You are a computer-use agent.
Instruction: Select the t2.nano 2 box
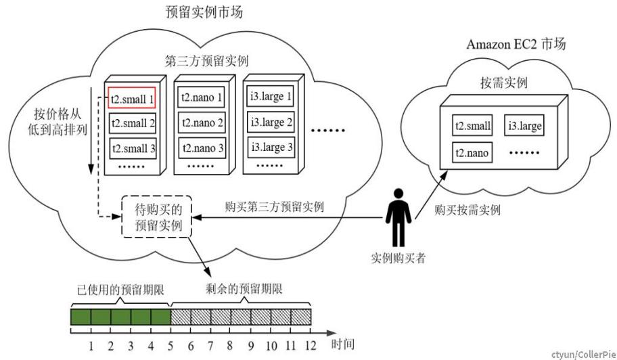(x=202, y=122)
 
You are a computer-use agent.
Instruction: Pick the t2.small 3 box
(x=133, y=146)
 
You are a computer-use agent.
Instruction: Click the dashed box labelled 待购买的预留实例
(x=156, y=216)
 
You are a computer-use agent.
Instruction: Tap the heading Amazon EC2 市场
(x=516, y=45)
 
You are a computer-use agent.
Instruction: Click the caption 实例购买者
(x=398, y=259)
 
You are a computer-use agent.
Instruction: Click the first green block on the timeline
(x=81, y=316)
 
